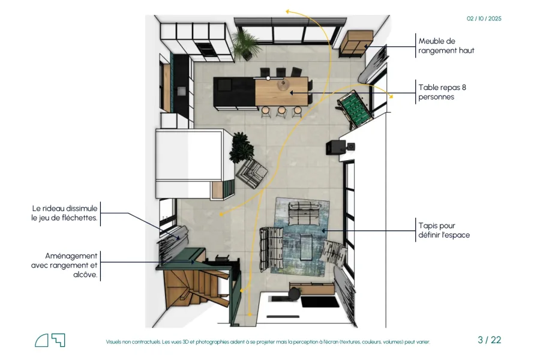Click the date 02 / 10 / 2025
(484, 19)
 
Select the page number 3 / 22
(489, 340)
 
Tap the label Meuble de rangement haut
(446, 46)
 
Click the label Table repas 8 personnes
(442, 92)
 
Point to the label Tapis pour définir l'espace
(444, 230)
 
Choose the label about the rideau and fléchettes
(64, 213)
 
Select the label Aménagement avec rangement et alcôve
(64, 265)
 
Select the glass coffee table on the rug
(306, 247)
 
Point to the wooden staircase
(194, 287)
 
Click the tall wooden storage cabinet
(356, 43)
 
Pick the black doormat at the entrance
(320, 302)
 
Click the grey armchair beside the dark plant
(252, 173)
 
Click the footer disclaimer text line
(268, 342)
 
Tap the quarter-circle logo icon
(41, 340)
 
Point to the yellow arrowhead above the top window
(287, 12)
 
